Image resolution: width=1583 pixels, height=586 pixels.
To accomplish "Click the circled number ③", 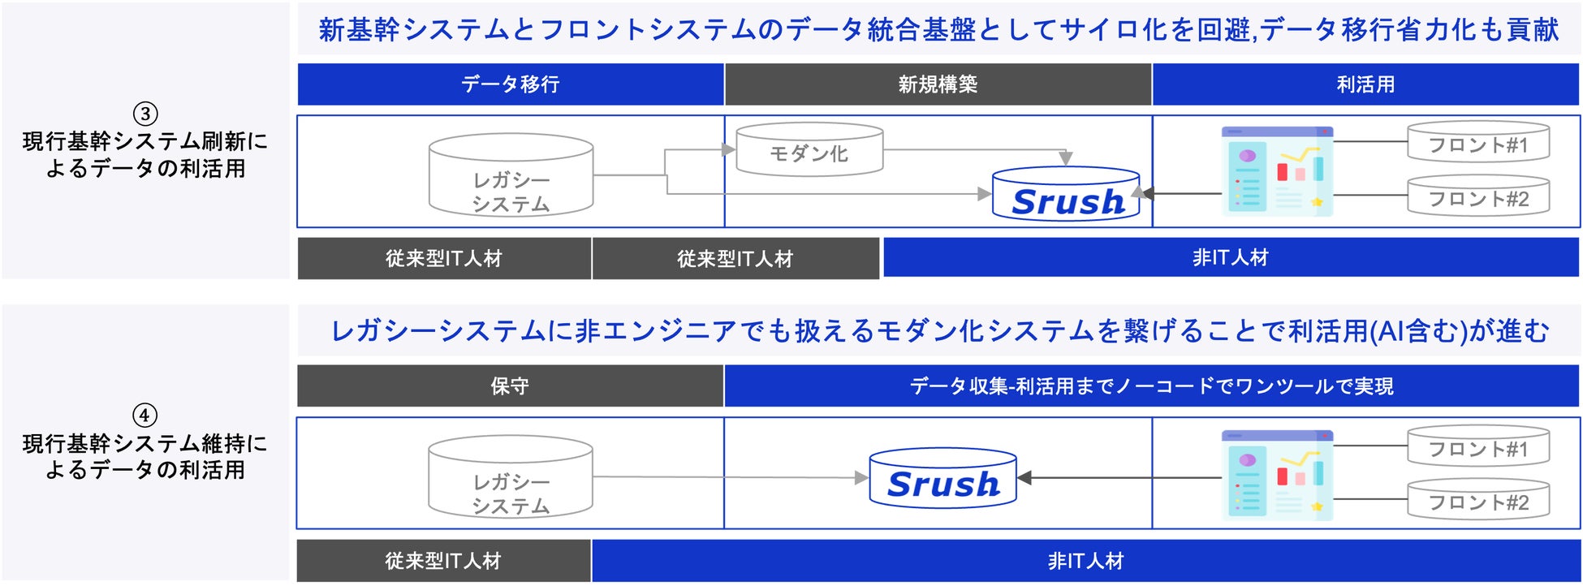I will click(x=145, y=114).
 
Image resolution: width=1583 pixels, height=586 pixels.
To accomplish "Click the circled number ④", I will click(x=144, y=416).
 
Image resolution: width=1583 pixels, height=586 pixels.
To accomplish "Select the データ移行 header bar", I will click(x=511, y=84).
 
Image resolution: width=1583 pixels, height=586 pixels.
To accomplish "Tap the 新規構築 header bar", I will click(x=938, y=84).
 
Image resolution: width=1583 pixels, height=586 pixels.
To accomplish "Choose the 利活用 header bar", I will click(x=1365, y=84).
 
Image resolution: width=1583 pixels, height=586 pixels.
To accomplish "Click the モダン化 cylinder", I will click(x=809, y=150).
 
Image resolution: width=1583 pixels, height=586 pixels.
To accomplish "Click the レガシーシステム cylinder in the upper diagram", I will click(x=511, y=176).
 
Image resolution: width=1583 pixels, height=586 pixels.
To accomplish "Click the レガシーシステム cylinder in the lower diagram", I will click(x=511, y=478).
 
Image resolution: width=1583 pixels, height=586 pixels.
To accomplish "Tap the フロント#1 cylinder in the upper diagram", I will click(x=1477, y=143).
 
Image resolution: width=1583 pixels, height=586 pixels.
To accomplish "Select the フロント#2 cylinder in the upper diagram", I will click(x=1477, y=196).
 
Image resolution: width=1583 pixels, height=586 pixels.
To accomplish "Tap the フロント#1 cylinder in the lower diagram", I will click(x=1477, y=447).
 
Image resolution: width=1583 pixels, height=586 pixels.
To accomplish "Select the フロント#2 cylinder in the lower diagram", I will click(x=1477, y=500).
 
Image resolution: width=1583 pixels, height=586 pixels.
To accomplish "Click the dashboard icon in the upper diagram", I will click(x=1277, y=171).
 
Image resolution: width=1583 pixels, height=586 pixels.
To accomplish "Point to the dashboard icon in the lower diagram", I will click(x=1277, y=476).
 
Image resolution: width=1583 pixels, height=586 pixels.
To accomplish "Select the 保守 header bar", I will click(x=510, y=386).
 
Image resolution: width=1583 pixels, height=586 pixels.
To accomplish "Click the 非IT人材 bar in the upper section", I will click(x=1230, y=258).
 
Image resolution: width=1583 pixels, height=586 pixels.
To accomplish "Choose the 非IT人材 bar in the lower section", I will click(x=1085, y=561).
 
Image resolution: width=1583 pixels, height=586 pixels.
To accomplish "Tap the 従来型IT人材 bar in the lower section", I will click(x=443, y=561).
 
